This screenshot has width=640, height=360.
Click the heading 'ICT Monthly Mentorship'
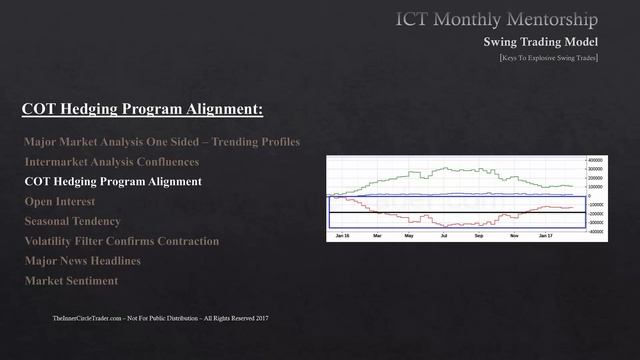click(x=497, y=19)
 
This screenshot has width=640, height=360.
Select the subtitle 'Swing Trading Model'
click(x=541, y=42)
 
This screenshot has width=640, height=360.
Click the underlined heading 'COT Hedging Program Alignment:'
click(x=142, y=107)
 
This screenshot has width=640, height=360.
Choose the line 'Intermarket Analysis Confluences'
click(x=111, y=162)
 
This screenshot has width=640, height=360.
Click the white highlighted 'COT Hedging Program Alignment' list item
click(x=113, y=182)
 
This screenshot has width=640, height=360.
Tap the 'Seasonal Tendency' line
click(x=72, y=221)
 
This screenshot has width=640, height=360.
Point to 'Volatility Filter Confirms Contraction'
click(x=121, y=241)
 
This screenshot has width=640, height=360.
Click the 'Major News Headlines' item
click(x=82, y=261)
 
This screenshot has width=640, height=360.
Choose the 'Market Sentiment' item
click(x=71, y=281)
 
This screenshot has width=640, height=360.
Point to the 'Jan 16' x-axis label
click(x=342, y=236)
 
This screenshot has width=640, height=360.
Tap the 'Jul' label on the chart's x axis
click(x=444, y=236)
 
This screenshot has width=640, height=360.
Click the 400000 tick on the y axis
click(x=595, y=160)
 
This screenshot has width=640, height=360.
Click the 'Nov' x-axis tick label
click(x=514, y=236)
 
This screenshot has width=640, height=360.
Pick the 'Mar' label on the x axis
click(x=377, y=236)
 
